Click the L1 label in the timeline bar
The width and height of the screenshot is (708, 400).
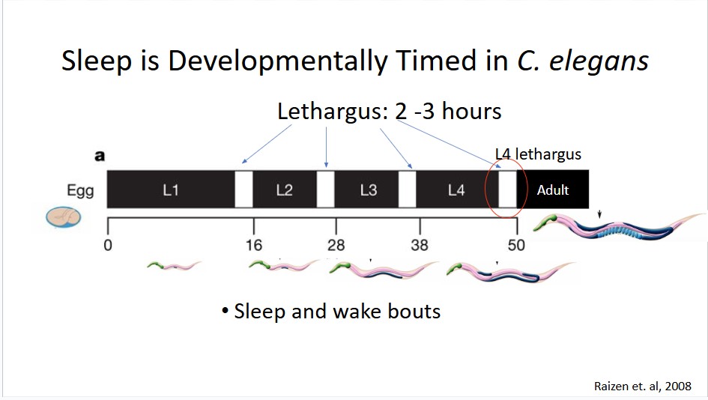[170, 190]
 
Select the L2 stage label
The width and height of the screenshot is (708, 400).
[284, 190]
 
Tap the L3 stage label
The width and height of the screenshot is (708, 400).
[368, 190]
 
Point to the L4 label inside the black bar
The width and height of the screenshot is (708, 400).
[456, 190]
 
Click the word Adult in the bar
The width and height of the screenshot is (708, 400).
[553, 190]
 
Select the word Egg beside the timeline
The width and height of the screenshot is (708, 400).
[80, 191]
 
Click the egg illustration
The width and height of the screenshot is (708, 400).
[63, 217]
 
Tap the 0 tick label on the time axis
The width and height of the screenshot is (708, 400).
[107, 245]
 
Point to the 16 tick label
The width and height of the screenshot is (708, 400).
[254, 245]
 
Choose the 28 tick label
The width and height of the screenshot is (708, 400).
[336, 245]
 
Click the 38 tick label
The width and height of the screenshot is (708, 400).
[420, 245]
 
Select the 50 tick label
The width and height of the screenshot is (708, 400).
[516, 245]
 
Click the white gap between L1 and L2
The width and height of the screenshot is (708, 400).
[243, 190]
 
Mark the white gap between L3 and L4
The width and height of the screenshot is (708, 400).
[408, 190]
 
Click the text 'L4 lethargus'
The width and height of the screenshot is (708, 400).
[538, 154]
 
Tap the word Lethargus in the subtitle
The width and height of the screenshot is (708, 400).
[333, 112]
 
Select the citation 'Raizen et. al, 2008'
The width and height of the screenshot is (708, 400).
[643, 387]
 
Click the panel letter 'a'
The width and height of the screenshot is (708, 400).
[100, 157]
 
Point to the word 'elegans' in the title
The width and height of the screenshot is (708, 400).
[599, 61]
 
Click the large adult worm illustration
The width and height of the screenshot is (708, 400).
[619, 227]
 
